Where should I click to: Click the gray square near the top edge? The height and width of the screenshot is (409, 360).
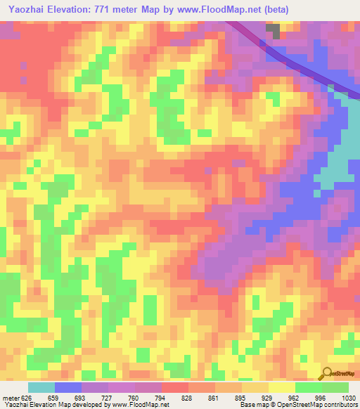point(272,31)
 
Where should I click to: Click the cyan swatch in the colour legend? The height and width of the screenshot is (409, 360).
point(41,387)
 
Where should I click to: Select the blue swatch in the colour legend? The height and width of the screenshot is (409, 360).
point(68,387)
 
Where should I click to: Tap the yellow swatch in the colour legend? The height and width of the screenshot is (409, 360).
point(282,387)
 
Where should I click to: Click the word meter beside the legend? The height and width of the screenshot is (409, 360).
point(11,397)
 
